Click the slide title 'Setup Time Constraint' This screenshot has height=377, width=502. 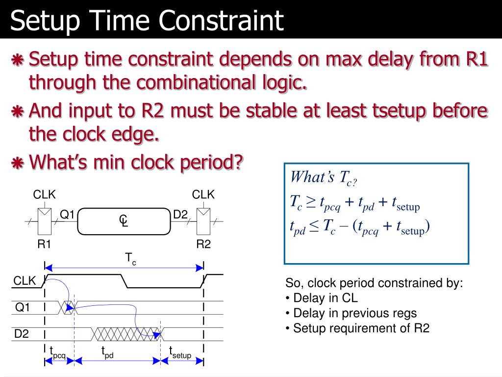coord(147,21)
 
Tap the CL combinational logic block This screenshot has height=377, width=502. coord(124,221)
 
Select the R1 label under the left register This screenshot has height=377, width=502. coord(45,244)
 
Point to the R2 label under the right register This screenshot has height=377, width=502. coord(203,244)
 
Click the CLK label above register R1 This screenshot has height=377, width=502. coord(45,195)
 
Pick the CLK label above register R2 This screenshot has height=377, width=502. coord(203,195)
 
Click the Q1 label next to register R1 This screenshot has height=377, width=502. coord(67,215)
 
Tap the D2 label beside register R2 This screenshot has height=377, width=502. coord(180,215)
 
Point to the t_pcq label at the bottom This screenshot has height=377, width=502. coord(57,351)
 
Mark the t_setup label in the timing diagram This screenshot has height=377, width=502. coord(180,351)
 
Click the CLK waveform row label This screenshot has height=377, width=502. coord(25,281)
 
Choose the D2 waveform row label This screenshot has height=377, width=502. coord(22,334)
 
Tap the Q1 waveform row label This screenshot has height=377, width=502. coord(23,308)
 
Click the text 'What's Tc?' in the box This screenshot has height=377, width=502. coord(324,178)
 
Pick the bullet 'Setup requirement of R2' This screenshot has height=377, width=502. coord(357,328)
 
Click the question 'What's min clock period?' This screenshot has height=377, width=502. coord(136,162)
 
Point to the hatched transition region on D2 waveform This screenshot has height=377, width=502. coord(126,334)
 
